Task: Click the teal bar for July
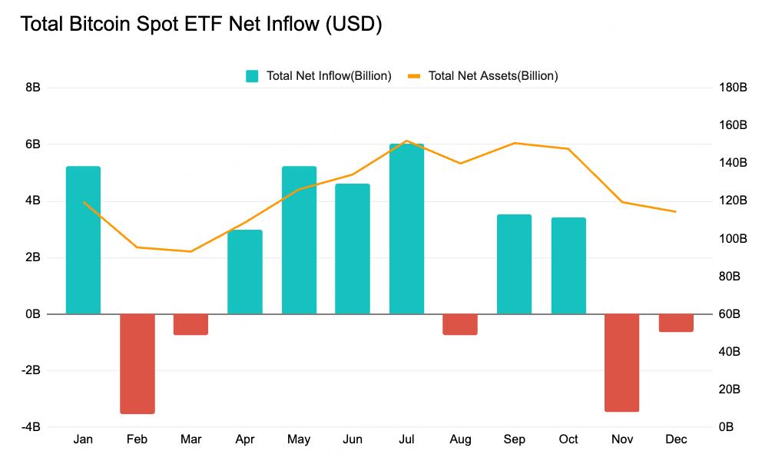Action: tap(406, 229)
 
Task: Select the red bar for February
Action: tap(137, 363)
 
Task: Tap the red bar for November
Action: tap(622, 363)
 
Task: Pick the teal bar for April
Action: tap(245, 272)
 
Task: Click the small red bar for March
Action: tap(190, 324)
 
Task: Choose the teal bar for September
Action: tap(514, 264)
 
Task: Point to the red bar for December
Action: tap(676, 323)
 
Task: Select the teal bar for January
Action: tap(83, 240)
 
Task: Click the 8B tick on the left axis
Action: tap(33, 88)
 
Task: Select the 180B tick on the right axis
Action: tap(733, 88)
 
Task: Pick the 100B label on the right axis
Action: tap(733, 238)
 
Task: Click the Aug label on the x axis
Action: tap(460, 439)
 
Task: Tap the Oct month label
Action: tap(568, 439)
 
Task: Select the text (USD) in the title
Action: tap(353, 25)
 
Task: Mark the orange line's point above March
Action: tap(190, 251)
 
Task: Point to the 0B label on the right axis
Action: tap(729, 427)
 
